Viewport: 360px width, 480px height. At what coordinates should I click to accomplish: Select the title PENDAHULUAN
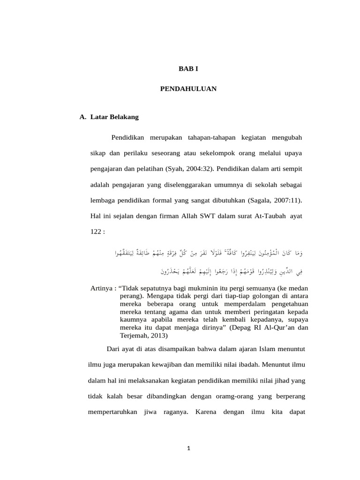pyautogui.click(x=189, y=89)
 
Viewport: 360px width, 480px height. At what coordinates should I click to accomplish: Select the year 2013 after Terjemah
pyautogui.click(x=157, y=336)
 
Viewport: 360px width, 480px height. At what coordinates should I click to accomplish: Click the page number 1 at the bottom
pyautogui.click(x=188, y=449)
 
